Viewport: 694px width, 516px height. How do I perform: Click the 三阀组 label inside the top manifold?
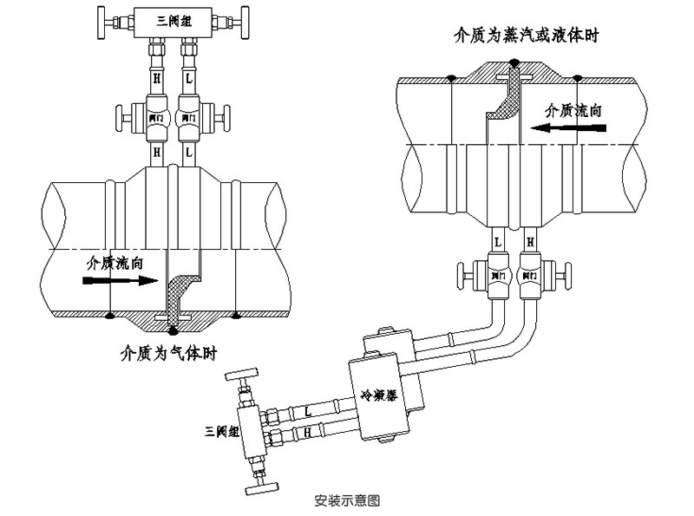tap(173, 19)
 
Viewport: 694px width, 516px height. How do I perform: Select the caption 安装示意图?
tap(347, 500)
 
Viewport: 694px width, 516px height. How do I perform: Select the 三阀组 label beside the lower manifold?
tap(220, 431)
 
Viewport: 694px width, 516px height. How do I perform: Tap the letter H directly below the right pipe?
tap(527, 240)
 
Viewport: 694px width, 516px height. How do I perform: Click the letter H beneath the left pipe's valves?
tap(157, 151)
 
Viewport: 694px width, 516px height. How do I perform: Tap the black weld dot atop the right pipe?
tap(514, 62)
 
